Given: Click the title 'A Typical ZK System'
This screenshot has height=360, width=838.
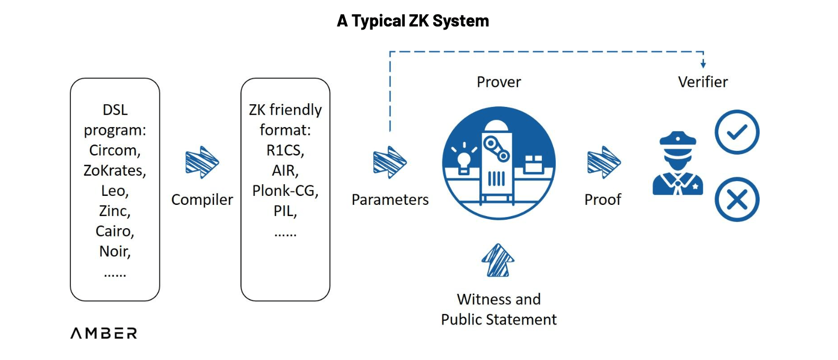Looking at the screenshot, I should (413, 21).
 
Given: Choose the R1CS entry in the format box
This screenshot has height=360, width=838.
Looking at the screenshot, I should (284, 150).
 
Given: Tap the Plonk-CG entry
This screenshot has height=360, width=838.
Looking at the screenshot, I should (285, 191).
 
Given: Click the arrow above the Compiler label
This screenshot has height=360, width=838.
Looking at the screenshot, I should (202, 163).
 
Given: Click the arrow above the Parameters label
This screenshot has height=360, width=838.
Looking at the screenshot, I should (389, 163).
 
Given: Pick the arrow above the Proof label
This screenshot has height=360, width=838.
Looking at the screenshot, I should (603, 163).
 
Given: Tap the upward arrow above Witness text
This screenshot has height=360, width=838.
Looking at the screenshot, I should (498, 260).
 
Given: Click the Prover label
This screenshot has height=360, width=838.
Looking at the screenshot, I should (498, 82).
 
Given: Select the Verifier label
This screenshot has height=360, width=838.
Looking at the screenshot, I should (702, 82).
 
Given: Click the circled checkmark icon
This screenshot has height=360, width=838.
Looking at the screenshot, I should (737, 132).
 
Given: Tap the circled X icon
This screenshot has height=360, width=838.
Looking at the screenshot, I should (737, 200).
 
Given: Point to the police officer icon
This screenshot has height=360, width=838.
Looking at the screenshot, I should (677, 164).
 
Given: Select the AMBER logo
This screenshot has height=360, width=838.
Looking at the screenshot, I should (104, 333).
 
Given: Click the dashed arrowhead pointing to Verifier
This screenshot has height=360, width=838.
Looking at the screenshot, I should (703, 64).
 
